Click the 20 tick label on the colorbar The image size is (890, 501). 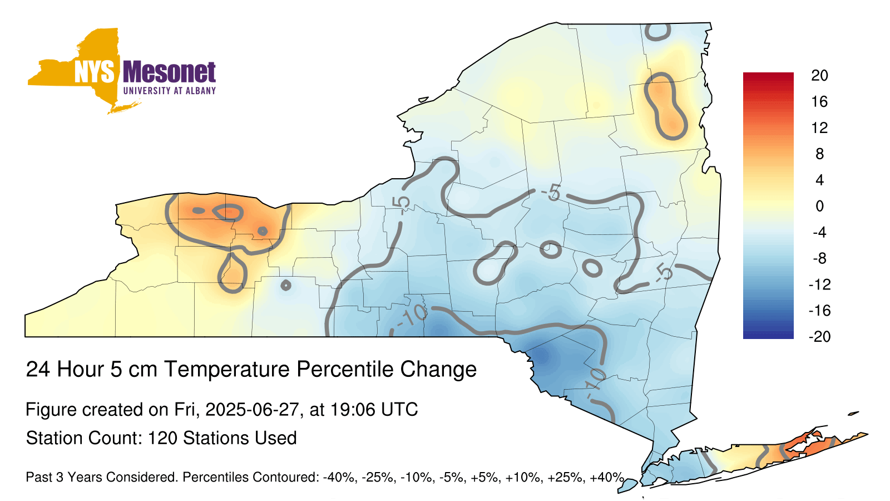click(x=819, y=76)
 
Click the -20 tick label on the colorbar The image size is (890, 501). click(x=819, y=337)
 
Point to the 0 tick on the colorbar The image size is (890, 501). click(x=819, y=206)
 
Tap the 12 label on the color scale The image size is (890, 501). click(x=819, y=127)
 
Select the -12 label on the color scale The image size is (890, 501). click(x=819, y=284)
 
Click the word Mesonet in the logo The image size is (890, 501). click(x=170, y=72)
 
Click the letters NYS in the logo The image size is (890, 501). click(x=94, y=72)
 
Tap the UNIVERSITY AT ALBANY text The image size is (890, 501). click(x=170, y=91)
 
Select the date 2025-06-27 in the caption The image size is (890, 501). click(x=251, y=410)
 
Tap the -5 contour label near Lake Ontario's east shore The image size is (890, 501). click(x=402, y=204)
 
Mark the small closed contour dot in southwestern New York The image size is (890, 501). click(x=286, y=285)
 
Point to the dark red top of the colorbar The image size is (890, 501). click(x=768, y=76)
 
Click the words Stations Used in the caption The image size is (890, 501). click(x=240, y=438)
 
